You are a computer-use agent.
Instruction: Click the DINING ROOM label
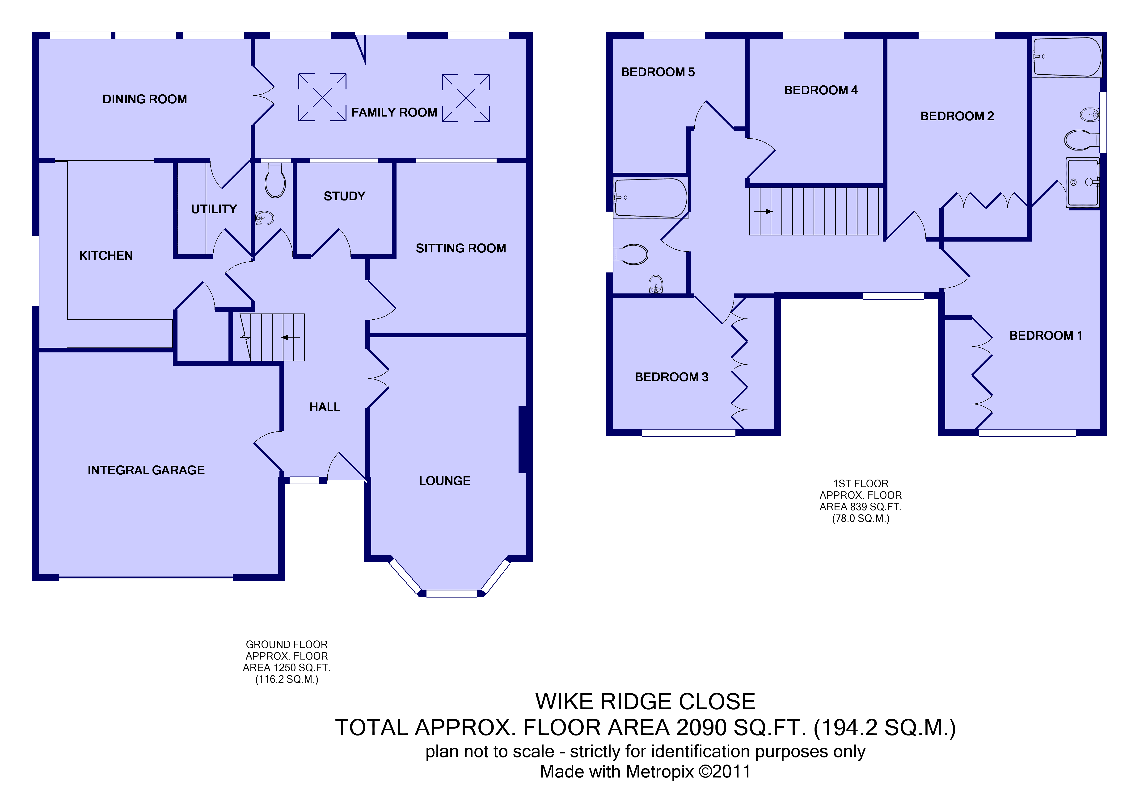tap(145, 99)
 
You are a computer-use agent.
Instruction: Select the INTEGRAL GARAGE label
tap(146, 470)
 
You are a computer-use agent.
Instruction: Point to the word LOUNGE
tap(445, 481)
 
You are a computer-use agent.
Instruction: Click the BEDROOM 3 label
tap(672, 377)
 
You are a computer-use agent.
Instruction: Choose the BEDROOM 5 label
tap(658, 72)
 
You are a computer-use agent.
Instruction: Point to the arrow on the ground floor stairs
tap(291, 338)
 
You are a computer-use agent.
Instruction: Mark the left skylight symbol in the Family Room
tap(322, 97)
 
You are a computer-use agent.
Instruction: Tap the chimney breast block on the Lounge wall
tap(522, 439)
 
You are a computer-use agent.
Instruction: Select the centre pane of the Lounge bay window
tap(452, 594)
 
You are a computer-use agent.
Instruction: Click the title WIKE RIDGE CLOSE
tap(645, 702)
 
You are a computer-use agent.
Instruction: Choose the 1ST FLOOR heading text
tap(861, 484)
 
